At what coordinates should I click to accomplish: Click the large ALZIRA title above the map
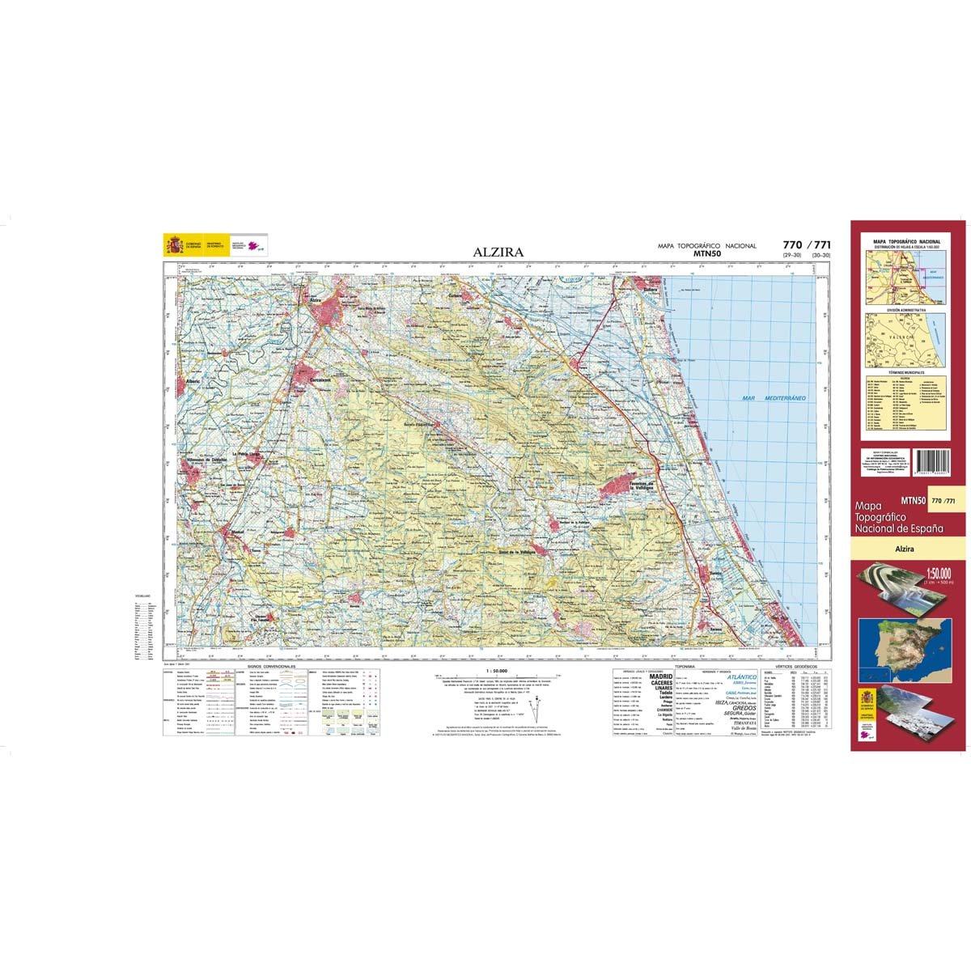coord(498,252)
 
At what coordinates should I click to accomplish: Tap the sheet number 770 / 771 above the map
coord(807,245)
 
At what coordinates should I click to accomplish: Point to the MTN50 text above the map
coord(706,254)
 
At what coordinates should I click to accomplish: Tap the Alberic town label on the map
coord(193,380)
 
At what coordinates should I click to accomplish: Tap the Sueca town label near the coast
coord(647,287)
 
